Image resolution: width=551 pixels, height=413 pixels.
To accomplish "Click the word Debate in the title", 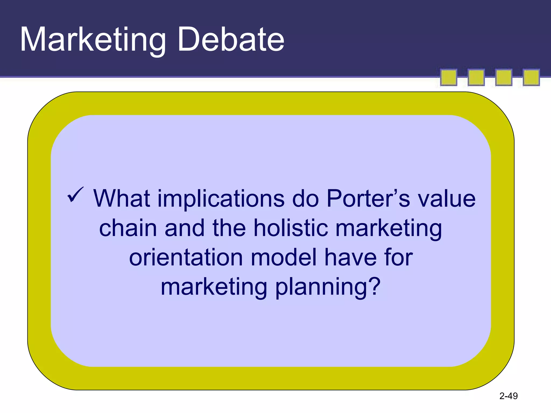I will (231, 40).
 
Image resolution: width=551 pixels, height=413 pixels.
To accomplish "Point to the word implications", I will (221, 199).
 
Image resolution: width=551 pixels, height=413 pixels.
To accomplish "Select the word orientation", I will (186, 258).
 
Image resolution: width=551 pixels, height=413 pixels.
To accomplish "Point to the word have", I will (350, 258).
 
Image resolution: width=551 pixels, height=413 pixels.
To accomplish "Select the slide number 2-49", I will (508, 396).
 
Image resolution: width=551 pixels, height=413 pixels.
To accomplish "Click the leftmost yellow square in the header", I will (448, 77).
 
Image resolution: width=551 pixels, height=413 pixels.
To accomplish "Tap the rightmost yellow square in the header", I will (531, 77).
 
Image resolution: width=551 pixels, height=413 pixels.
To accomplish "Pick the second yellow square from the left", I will (476, 77).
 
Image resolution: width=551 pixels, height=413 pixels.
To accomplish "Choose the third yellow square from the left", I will (504, 77).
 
